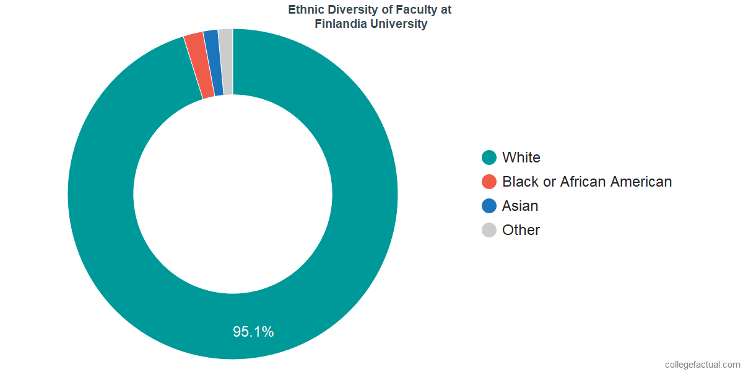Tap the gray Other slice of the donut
pos(226,61)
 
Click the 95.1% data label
pos(253,332)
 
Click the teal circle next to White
pos(489,157)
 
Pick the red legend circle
pos(489,182)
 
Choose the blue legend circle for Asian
pos(489,206)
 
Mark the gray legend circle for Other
pos(489,230)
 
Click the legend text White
pos(521,157)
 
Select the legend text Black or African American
pos(587,182)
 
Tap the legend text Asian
pos(520,206)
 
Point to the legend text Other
pos(521,230)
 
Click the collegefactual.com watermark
pos(702,365)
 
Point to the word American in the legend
pos(641,182)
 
